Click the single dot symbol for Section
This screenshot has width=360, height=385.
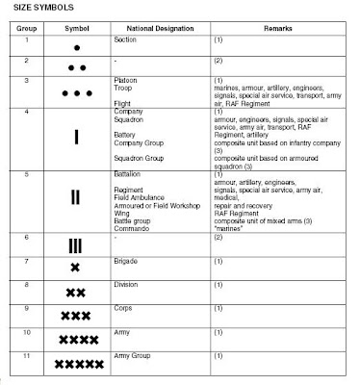coord(77,45)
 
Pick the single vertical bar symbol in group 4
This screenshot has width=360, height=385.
coord(77,137)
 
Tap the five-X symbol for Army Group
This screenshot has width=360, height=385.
coord(77,364)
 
